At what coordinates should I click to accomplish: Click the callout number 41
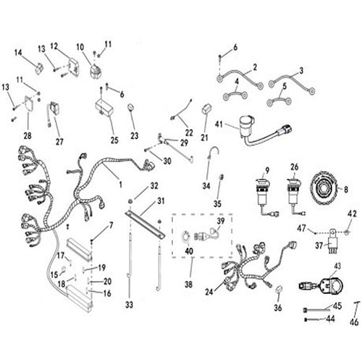pos(219,124)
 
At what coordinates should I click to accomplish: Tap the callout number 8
pos(346,190)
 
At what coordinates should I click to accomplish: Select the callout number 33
pos(130,305)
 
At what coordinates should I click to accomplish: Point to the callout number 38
pos(189,285)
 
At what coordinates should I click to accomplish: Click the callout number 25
pos(114,140)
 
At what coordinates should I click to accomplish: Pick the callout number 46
pos(354,322)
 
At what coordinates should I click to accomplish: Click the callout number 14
pos(18,52)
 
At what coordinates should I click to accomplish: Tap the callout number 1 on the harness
pos(120,185)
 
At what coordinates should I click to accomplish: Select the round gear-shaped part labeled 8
pos(323,190)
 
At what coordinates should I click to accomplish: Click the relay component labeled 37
pos(332,240)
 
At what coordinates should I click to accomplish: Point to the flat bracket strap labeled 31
pos(145,225)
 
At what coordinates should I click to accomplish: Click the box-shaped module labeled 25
pos(104,107)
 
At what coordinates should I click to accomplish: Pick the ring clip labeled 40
pos(186,237)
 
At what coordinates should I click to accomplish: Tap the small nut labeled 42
pos(347,232)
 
